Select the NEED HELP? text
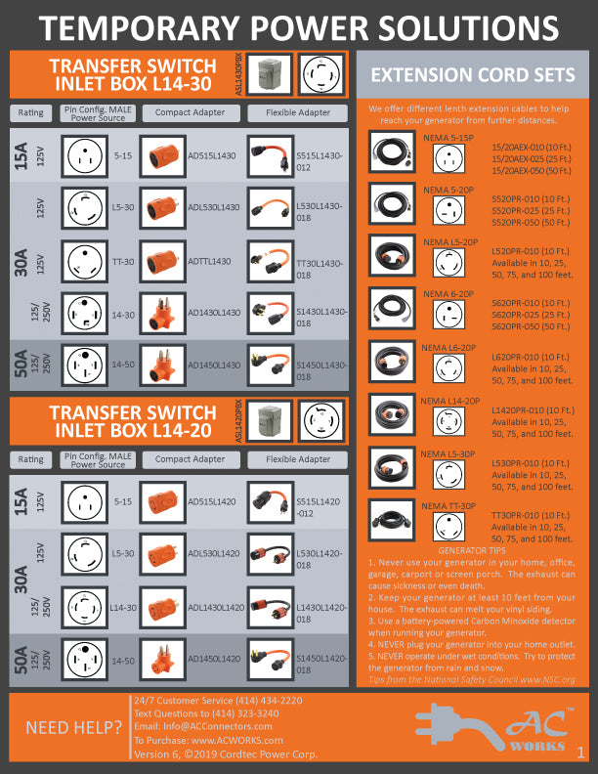(x=67, y=727)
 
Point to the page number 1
(x=580, y=752)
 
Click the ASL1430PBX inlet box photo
(x=269, y=74)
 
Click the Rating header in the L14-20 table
(x=31, y=459)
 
